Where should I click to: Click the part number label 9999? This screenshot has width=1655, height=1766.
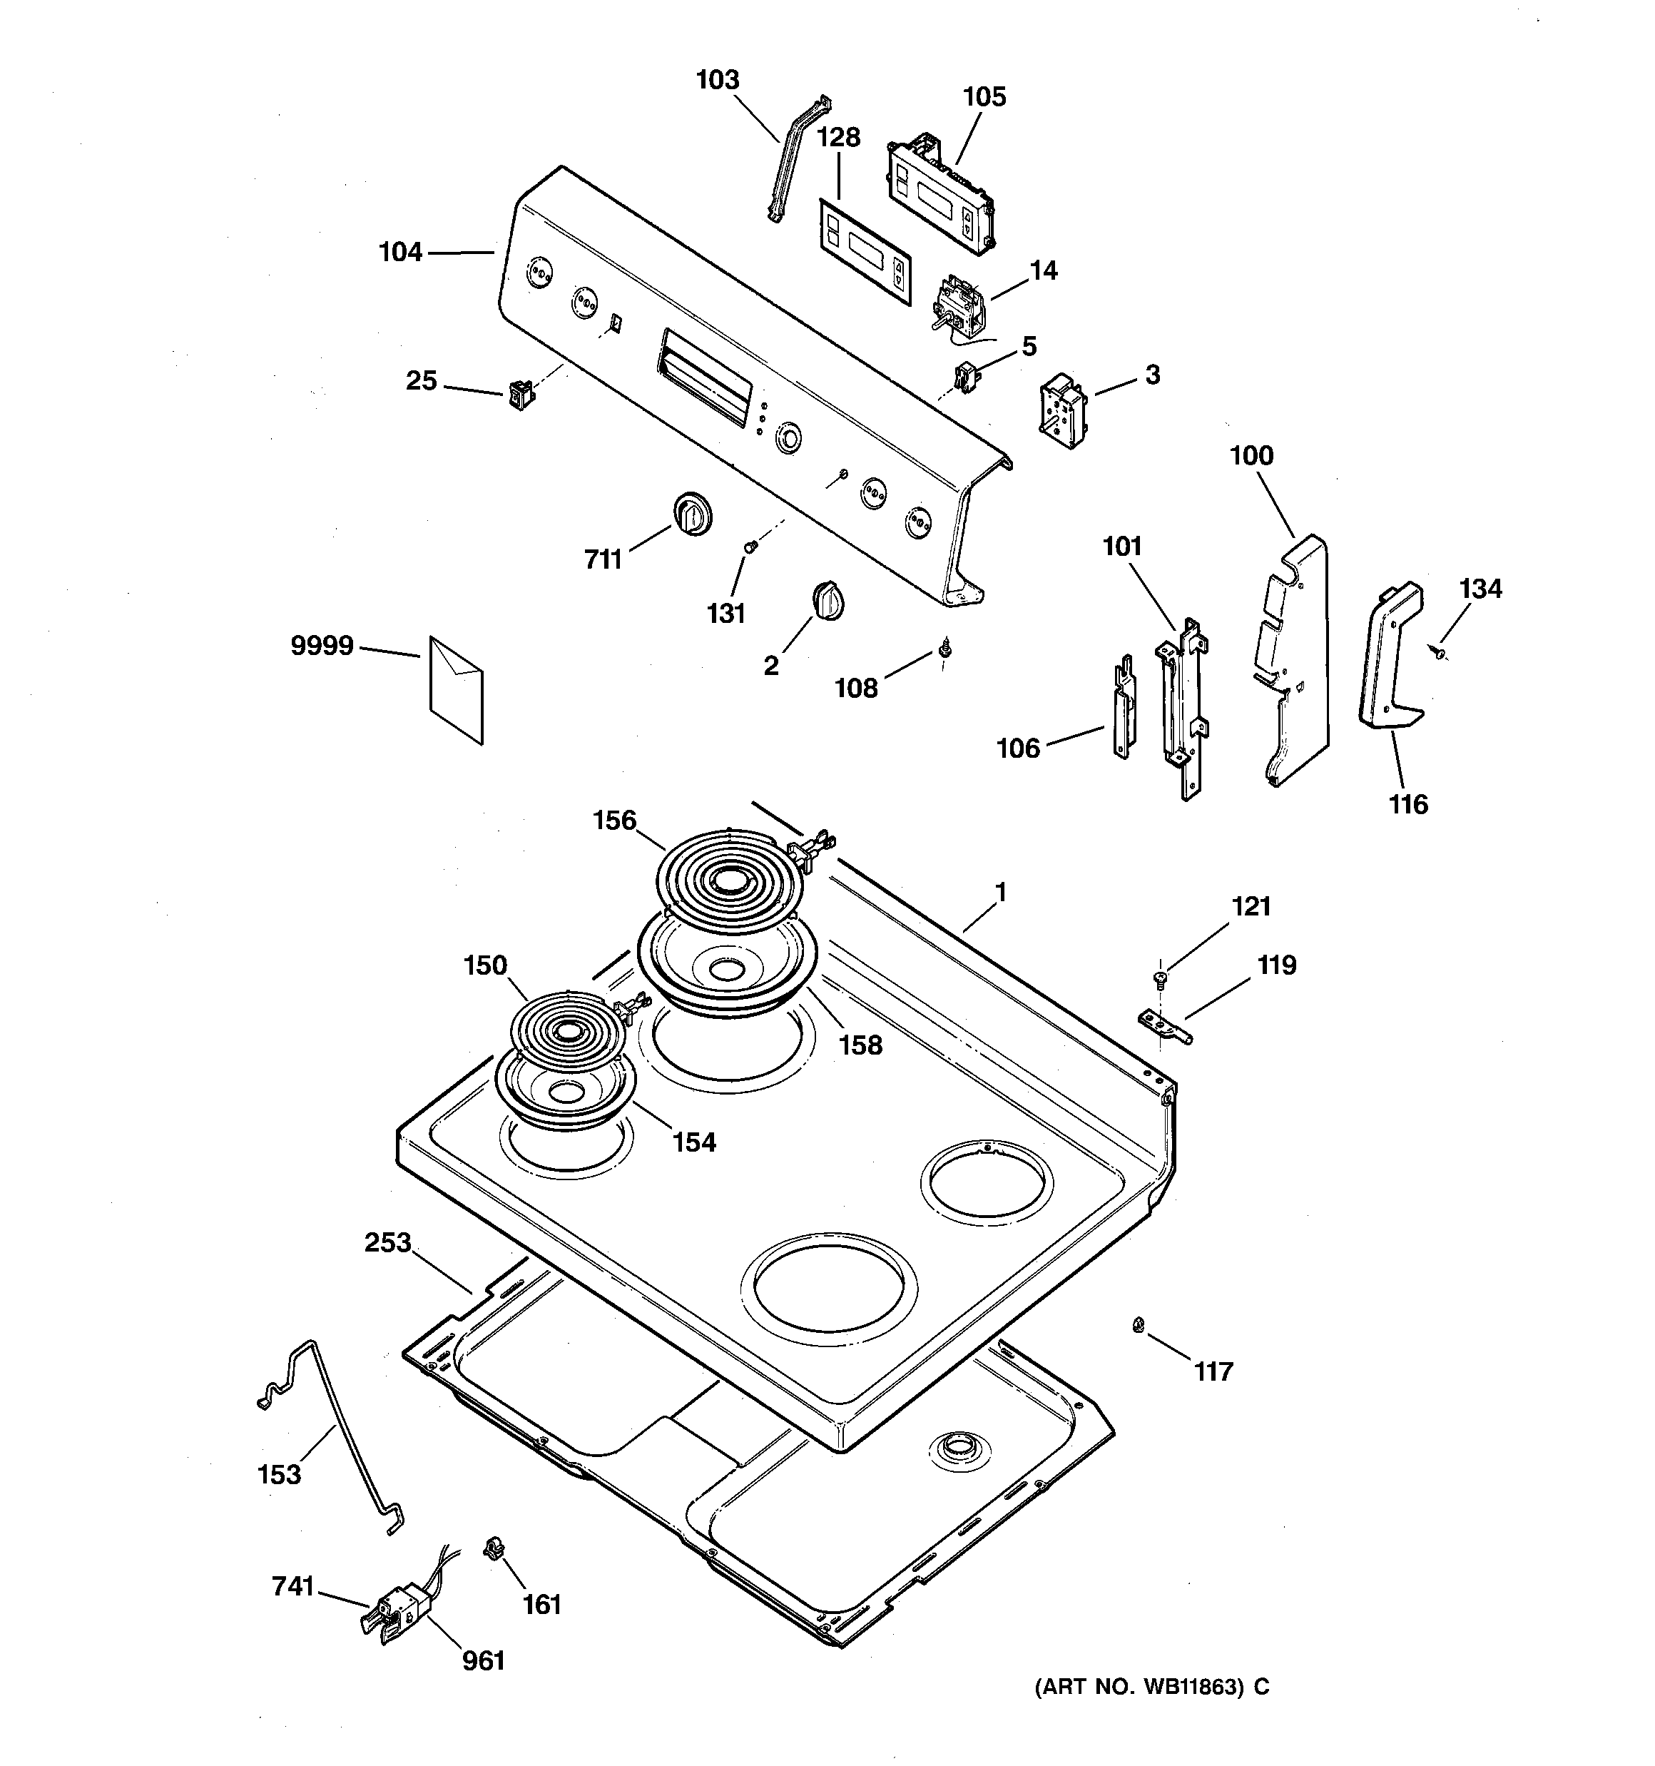pos(322,646)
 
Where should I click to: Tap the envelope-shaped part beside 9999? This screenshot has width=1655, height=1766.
pos(457,689)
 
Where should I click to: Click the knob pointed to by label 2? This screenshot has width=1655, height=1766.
pos(827,601)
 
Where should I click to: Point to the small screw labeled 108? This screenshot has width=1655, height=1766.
pos(944,652)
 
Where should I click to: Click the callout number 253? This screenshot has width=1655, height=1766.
pos(387,1242)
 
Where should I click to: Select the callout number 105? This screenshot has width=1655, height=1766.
pos(984,97)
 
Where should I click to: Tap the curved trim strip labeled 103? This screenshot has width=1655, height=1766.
pos(796,160)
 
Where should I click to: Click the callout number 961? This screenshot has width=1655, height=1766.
pos(483,1660)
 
